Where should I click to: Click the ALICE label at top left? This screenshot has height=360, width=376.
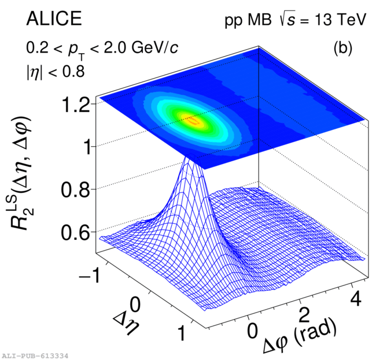click(54, 20)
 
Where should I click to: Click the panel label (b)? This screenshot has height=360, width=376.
click(342, 48)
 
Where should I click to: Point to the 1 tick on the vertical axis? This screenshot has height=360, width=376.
click(84, 147)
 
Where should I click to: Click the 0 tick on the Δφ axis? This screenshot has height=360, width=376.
click(252, 332)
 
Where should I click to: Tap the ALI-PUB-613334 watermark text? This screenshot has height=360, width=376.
click(35, 355)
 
